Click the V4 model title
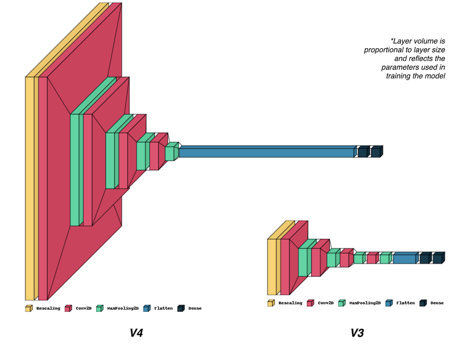click(x=136, y=334)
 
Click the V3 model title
click(x=357, y=334)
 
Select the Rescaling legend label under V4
click(x=48, y=309)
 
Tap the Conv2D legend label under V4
click(x=83, y=309)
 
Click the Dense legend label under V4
click(x=195, y=309)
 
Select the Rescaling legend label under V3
click(x=290, y=303)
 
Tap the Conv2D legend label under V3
click(x=325, y=303)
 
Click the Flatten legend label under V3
click(x=405, y=303)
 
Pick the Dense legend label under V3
click(x=437, y=303)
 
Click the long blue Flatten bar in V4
click(x=266, y=152)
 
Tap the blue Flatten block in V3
click(x=405, y=258)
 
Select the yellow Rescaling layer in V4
click(x=29, y=188)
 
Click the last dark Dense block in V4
click(x=375, y=152)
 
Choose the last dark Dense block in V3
click(x=438, y=258)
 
